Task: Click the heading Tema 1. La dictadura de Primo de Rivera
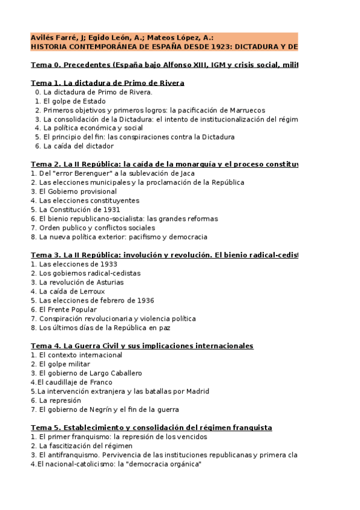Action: [x=107, y=83]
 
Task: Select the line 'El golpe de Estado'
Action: [x=70, y=101]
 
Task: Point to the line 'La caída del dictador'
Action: [x=74, y=146]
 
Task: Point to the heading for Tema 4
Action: [x=142, y=346]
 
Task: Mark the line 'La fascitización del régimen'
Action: [x=81, y=446]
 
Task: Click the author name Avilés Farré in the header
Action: [x=52, y=37]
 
